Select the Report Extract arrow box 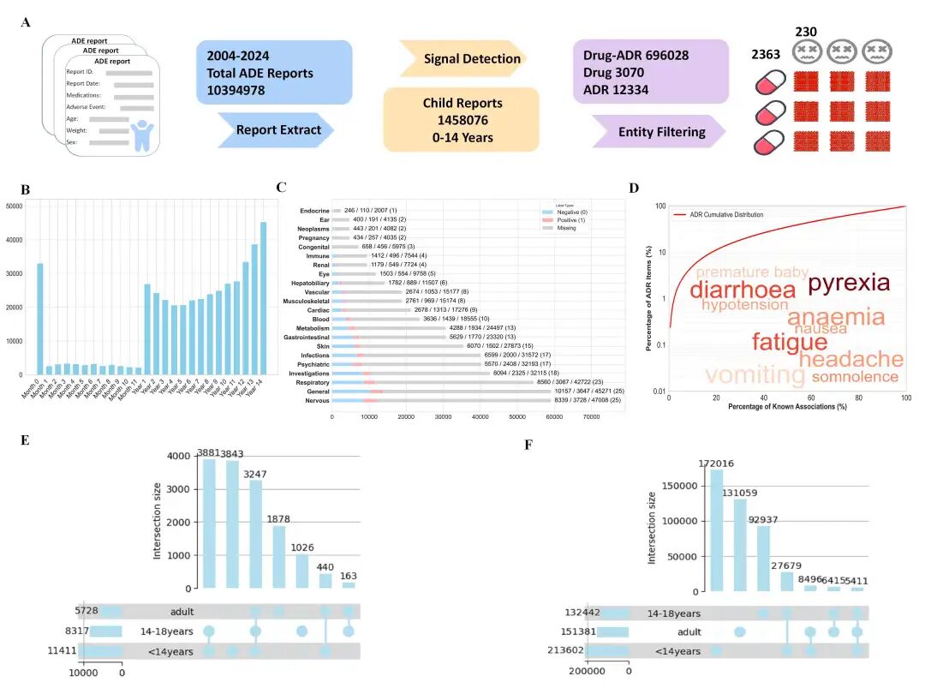click(x=275, y=130)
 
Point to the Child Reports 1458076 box click(x=462, y=120)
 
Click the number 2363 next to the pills click(x=766, y=55)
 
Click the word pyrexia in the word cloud click(x=849, y=284)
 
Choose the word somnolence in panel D click(x=855, y=377)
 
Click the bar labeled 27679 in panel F click(x=787, y=581)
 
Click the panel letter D click(x=633, y=187)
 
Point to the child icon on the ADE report click(x=139, y=135)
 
